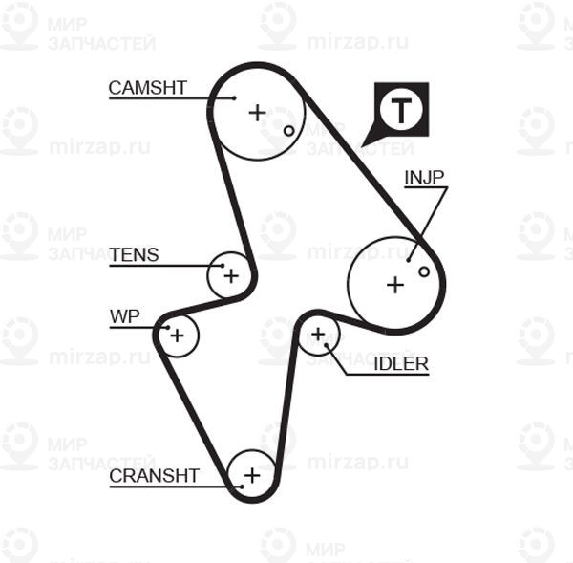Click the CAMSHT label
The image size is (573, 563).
pyautogui.click(x=148, y=88)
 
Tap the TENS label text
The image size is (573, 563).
pyautogui.click(x=134, y=254)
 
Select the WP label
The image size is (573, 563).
pyautogui.click(x=124, y=316)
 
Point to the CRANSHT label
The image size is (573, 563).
pyautogui.click(x=154, y=476)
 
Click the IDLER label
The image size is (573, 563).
pyautogui.click(x=401, y=364)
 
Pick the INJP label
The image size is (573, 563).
pyautogui.click(x=424, y=178)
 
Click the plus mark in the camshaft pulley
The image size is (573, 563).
pyautogui.click(x=257, y=113)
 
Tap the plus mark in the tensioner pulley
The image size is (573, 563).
pyautogui.click(x=231, y=276)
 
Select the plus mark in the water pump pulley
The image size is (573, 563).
pyautogui.click(x=178, y=336)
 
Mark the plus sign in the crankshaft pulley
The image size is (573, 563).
pyautogui.click(x=252, y=476)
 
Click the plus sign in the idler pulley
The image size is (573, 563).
pyautogui.click(x=318, y=334)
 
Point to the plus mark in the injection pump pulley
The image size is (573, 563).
pyautogui.click(x=395, y=285)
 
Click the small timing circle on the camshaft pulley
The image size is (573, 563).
pyautogui.click(x=288, y=131)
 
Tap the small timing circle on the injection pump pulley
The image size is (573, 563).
pyautogui.click(x=424, y=271)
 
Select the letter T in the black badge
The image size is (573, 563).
pyautogui.click(x=401, y=111)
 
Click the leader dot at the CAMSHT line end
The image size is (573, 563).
pyautogui.click(x=235, y=98)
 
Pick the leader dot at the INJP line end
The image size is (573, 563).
pyautogui.click(x=408, y=260)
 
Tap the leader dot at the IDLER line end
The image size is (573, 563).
pyautogui.click(x=327, y=345)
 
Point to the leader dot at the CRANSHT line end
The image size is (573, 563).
pyautogui.click(x=242, y=487)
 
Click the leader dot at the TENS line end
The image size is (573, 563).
pyautogui.click(x=223, y=266)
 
